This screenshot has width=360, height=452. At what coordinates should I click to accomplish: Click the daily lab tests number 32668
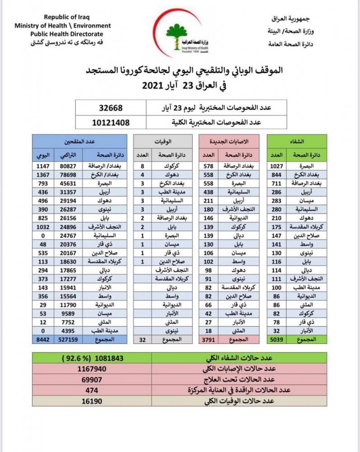(x=111, y=108)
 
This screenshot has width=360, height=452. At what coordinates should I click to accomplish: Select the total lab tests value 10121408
(x=111, y=122)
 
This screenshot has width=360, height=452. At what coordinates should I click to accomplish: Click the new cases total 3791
(x=208, y=339)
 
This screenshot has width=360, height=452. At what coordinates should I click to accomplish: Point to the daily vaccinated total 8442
(x=43, y=339)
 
